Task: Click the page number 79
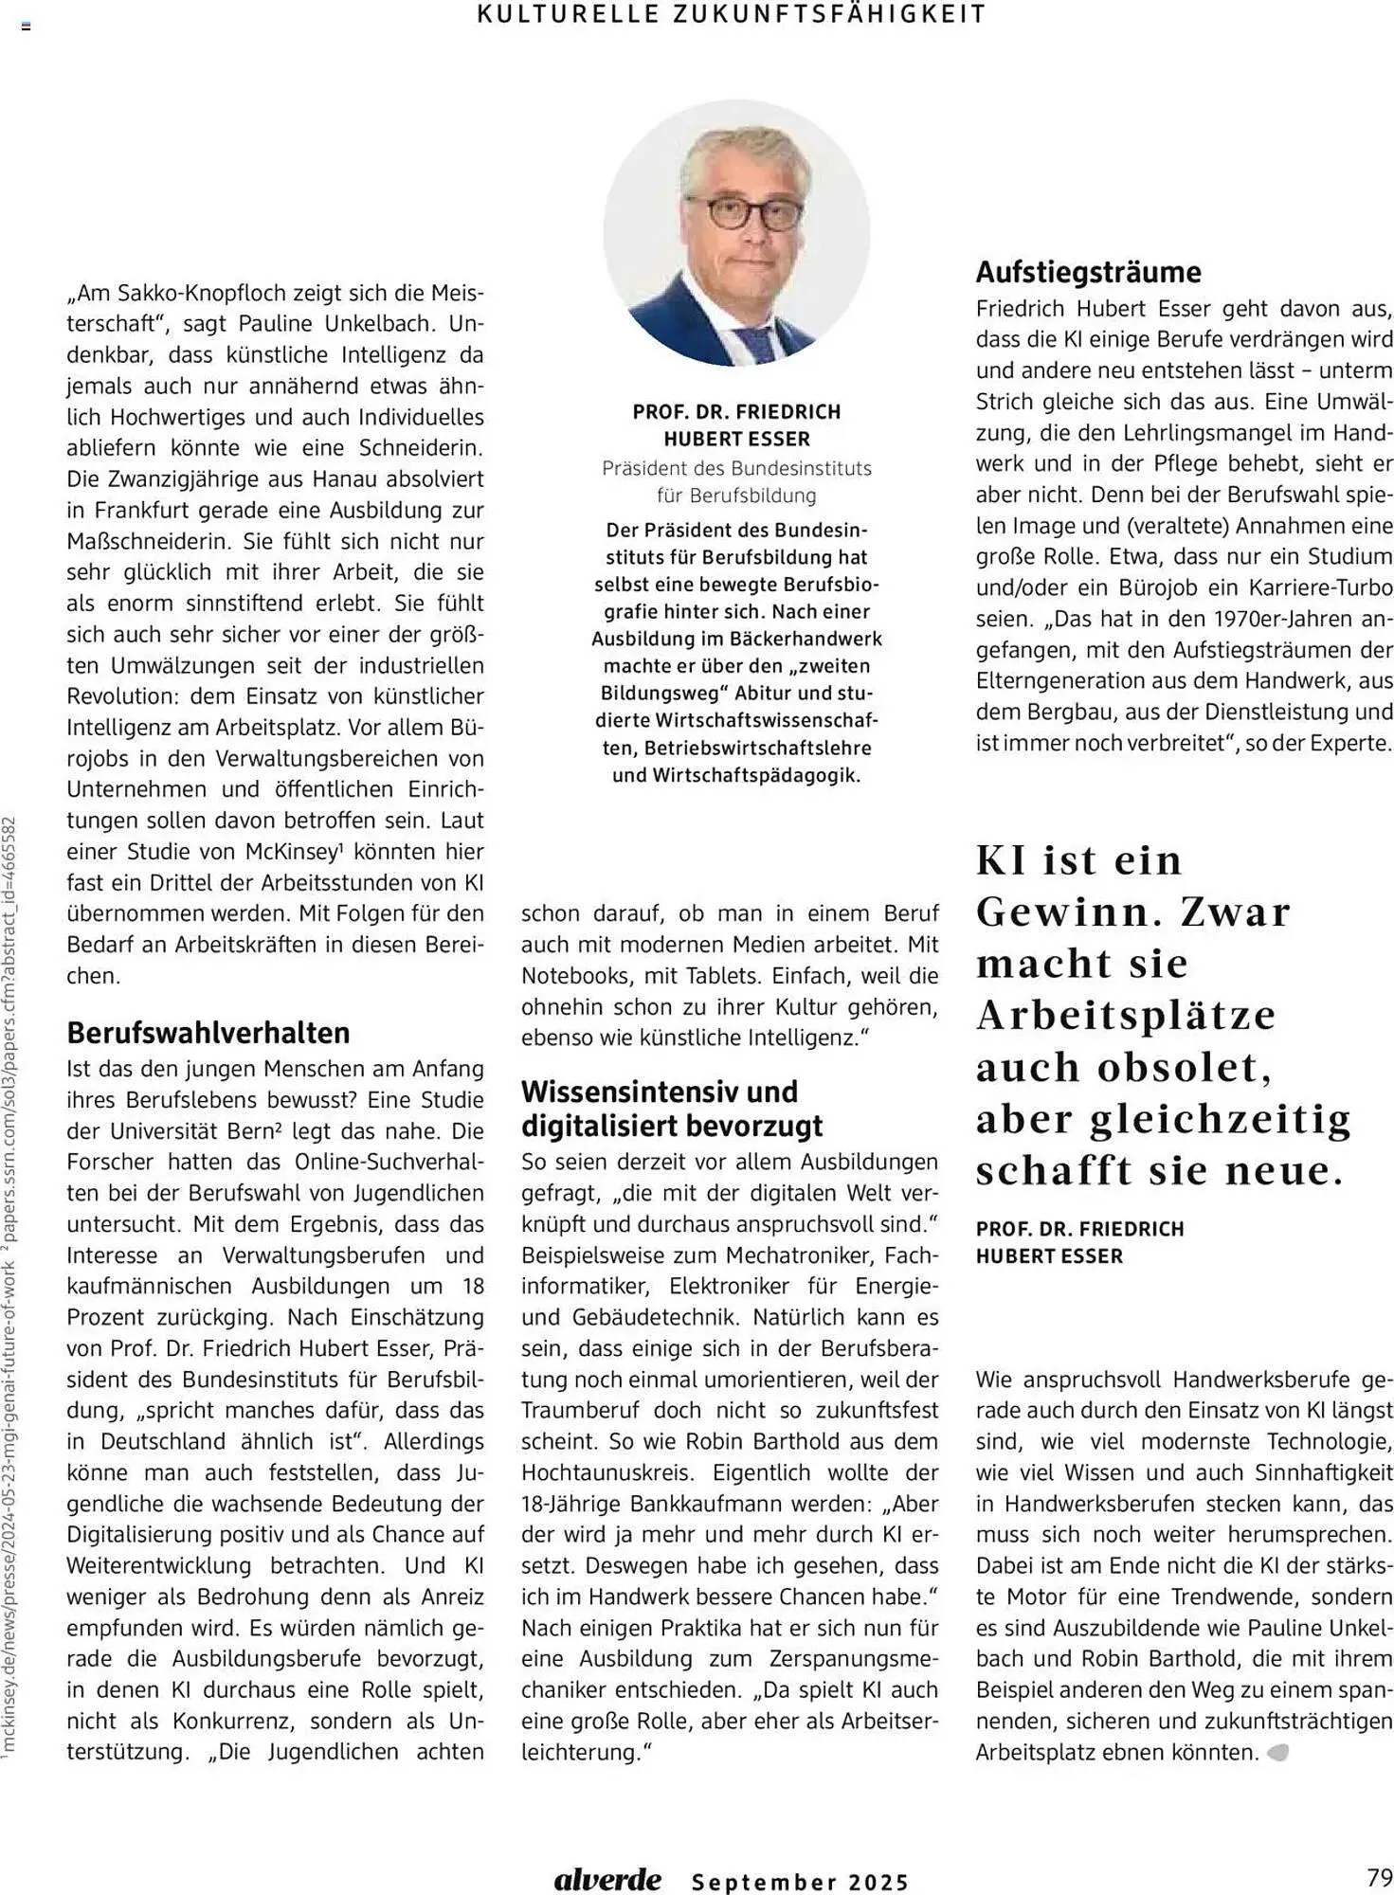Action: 1379,1876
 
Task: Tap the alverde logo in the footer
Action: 607,1879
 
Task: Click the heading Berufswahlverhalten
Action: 208,1032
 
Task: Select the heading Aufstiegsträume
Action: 1089,272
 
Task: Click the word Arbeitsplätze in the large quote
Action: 1126,1015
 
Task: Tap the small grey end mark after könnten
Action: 1277,1753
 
